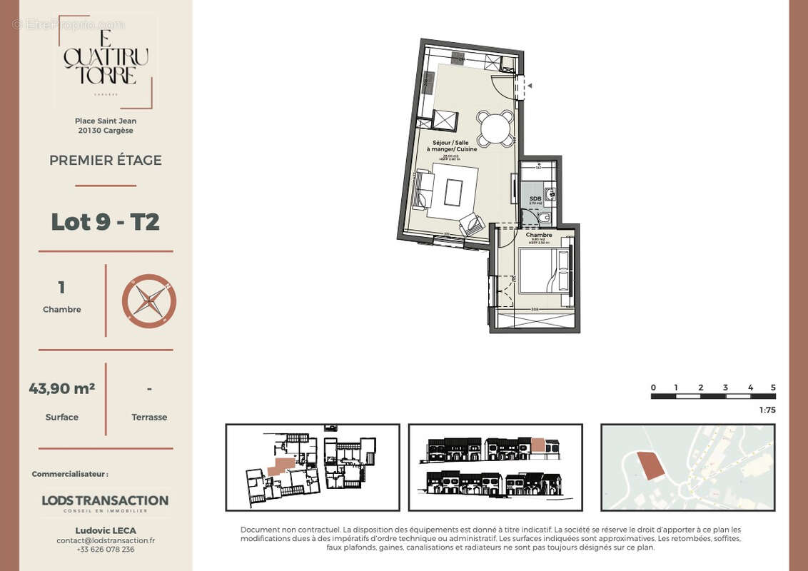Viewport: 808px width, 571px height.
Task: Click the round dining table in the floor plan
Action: coord(495,129)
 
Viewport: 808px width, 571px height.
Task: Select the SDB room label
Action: coord(533,198)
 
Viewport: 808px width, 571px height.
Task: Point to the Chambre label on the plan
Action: coord(538,235)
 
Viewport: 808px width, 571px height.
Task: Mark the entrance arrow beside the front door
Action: coord(529,86)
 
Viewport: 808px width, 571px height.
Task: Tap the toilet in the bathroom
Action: coord(545,217)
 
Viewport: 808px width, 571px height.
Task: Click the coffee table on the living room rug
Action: coord(453,192)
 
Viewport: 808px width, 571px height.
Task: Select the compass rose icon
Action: coord(148,300)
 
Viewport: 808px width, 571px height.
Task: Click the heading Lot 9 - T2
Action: coord(105,222)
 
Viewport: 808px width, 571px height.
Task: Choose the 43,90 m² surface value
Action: coord(62,389)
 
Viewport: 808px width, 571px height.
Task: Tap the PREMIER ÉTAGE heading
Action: coord(106,161)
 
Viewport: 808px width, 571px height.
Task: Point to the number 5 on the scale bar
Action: coord(773,388)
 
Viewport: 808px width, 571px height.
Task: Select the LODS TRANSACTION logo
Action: coord(105,502)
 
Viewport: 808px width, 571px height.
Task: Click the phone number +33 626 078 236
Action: coord(106,550)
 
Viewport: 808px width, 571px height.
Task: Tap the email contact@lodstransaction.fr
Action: coord(106,540)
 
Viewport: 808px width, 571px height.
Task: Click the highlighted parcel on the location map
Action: coord(650,465)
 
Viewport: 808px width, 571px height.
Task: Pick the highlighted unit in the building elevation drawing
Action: coord(537,445)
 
